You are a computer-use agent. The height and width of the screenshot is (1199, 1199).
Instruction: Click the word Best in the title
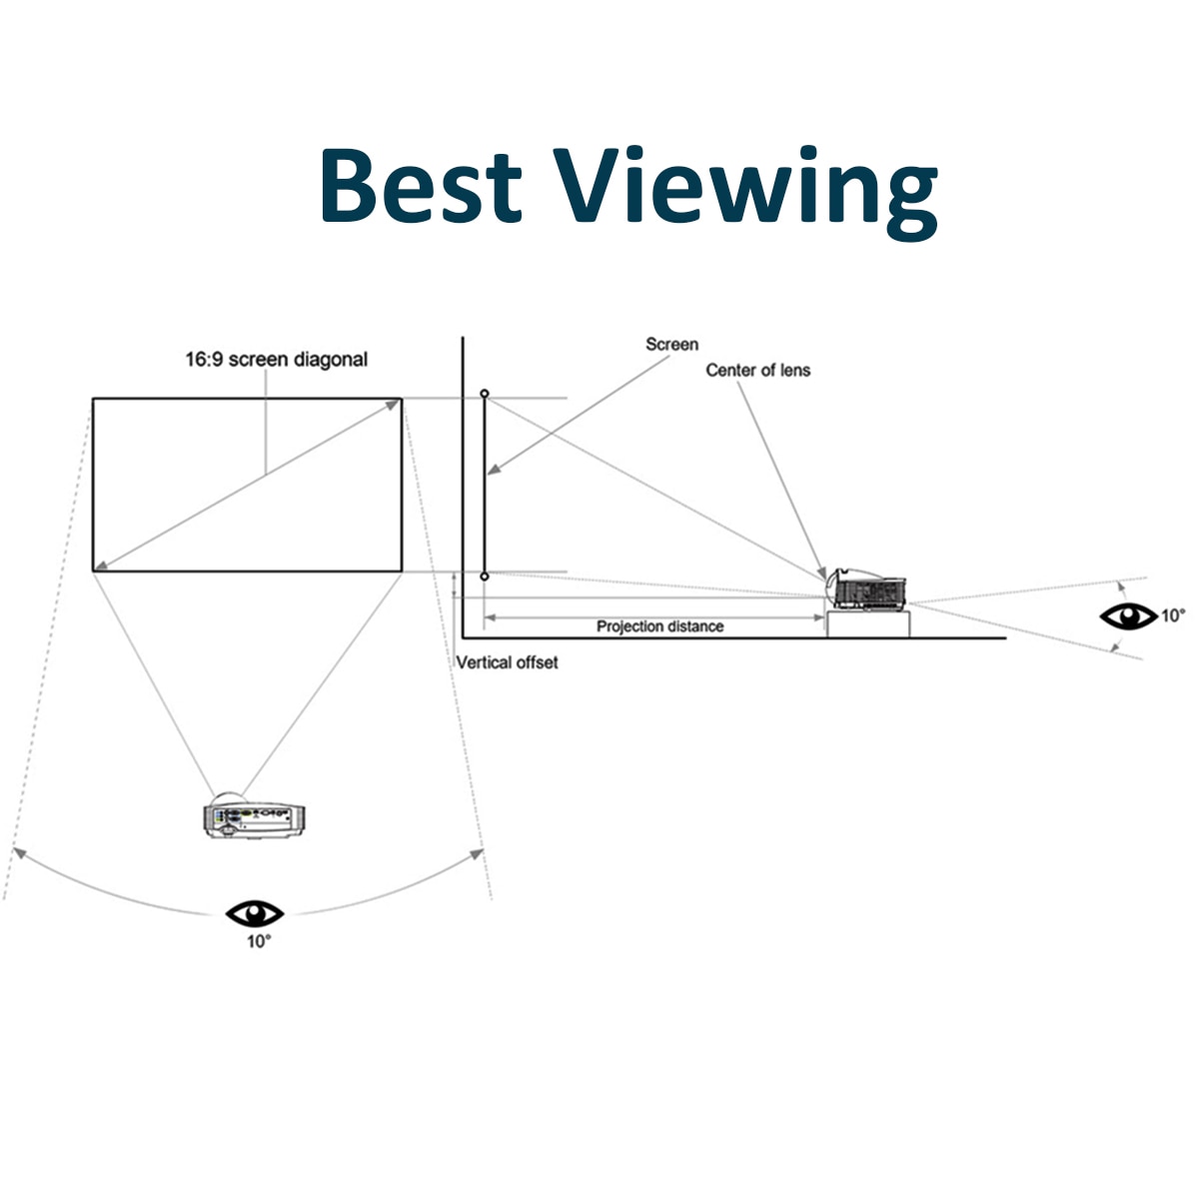tap(421, 186)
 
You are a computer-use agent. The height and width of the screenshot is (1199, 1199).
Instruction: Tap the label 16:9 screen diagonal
tap(276, 360)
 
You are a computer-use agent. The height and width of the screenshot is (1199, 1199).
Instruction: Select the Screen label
tap(671, 345)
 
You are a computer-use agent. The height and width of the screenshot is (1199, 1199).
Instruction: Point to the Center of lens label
tap(758, 371)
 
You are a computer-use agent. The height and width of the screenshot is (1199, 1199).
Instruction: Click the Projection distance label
tap(659, 626)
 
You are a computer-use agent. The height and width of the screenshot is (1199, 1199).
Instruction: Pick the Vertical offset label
tap(507, 662)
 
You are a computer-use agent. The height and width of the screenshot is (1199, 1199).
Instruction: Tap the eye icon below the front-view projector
tap(255, 912)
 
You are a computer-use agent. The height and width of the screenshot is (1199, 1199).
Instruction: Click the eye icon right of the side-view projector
tap(1128, 616)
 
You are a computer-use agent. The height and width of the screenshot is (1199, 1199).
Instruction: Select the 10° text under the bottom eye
tap(258, 941)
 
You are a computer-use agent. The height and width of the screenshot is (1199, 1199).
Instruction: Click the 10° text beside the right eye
tap(1172, 615)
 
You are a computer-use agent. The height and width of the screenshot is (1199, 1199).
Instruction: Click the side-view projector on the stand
tap(867, 591)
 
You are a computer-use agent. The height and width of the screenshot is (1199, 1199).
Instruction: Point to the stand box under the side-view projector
tap(868, 624)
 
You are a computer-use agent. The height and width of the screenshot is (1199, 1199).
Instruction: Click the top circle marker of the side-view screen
tap(485, 395)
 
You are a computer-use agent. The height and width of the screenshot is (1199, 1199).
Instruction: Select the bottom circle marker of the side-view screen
tap(485, 577)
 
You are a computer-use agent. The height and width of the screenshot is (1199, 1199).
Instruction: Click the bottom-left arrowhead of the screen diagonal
tap(100, 567)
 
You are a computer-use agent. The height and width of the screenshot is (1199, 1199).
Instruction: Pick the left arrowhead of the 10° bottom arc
tap(18, 852)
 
